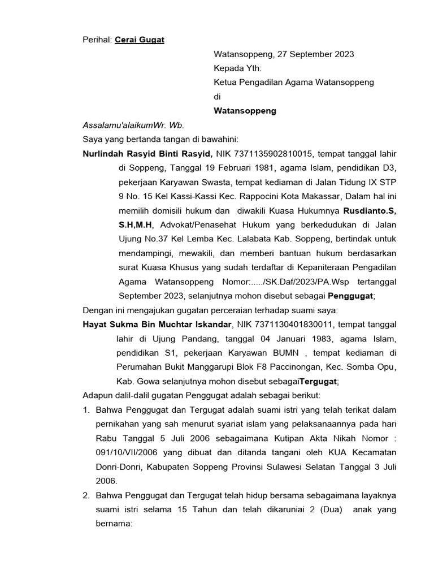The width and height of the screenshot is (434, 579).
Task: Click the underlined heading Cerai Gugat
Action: pos(139,40)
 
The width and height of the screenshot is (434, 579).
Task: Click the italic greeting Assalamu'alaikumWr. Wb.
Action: pos(133,125)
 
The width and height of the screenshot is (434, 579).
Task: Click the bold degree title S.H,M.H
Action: pos(136,224)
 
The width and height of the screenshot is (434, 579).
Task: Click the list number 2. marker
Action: pos(86,495)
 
